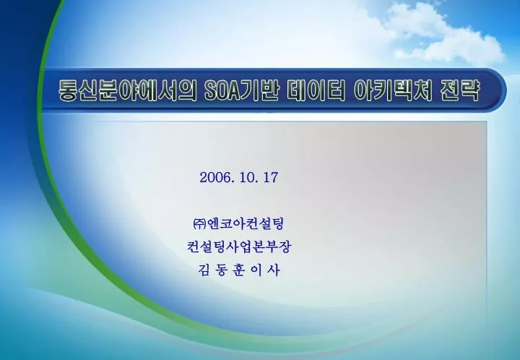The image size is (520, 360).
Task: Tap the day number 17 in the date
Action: coord(271,178)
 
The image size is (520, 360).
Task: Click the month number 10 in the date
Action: coord(246,178)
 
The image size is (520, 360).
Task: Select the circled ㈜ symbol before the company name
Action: coord(199,224)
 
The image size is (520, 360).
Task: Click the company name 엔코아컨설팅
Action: coord(245,223)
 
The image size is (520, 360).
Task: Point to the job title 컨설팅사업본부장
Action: coord(239,247)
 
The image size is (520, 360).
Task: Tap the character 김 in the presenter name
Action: coord(204,270)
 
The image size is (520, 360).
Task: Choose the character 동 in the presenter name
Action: coord(221,270)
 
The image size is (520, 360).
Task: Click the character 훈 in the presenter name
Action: coord(238,270)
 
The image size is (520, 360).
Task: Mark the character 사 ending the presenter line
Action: coord(273,270)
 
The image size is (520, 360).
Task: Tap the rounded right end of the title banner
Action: coord(498,89)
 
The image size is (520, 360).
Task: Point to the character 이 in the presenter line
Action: coord(256,270)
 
